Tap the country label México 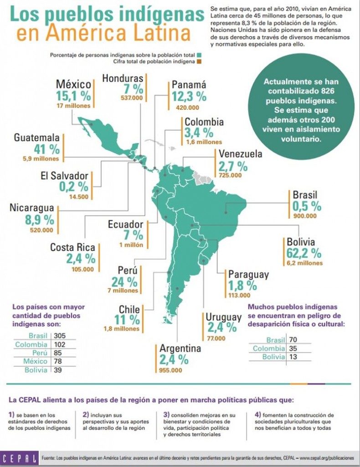tap(73, 84)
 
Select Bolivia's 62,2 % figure tap(304, 252)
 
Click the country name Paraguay tap(248, 275)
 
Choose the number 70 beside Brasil tap(293, 340)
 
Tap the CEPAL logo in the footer tap(18, 457)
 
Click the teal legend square tap(200, 55)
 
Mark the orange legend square tap(200, 61)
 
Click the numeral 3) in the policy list tap(166, 415)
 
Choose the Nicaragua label tap(32, 208)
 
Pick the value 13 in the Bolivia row tap(293, 357)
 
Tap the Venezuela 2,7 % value tap(233, 166)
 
